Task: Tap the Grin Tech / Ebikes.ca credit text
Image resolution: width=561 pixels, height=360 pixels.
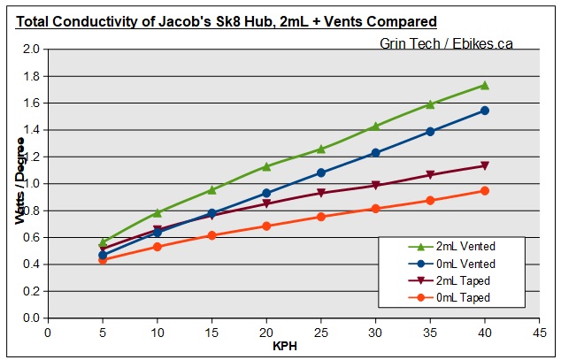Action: point(446,43)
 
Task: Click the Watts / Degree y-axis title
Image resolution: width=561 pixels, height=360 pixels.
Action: point(19,184)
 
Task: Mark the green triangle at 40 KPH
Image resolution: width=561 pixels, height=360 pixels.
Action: point(484,85)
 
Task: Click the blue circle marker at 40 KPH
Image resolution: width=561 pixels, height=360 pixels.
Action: point(484,111)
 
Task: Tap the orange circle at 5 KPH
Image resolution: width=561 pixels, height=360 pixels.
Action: point(103,260)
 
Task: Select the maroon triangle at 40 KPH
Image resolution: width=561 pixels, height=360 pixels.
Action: point(484,165)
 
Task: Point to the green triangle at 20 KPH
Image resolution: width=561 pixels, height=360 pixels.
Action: point(265,166)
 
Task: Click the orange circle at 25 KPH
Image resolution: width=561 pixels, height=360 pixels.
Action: point(320,217)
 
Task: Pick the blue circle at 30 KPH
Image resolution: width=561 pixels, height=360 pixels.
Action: point(375,153)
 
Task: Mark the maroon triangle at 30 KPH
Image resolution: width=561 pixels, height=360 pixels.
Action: point(375,185)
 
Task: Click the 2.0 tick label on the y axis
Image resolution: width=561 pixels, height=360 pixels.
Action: point(32,50)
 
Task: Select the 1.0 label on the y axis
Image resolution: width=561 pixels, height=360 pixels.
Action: point(32,184)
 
